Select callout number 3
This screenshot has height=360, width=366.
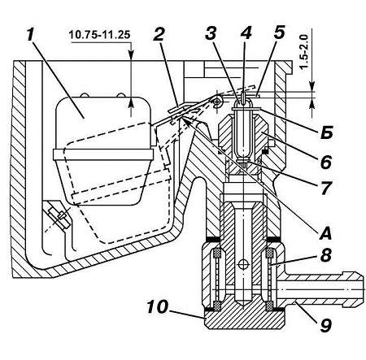pos(211,33)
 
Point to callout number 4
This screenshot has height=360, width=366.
pos(246,33)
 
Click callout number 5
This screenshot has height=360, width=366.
pos(279,32)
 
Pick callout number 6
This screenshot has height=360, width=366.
pos(325,161)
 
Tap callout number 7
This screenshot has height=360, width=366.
pos(325,188)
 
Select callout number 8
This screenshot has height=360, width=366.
pos(325,255)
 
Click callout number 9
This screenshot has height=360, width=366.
pos(325,324)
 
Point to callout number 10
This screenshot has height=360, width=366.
pos(158,307)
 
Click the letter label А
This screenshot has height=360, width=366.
pos(325,232)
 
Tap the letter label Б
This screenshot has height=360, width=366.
pos(326,132)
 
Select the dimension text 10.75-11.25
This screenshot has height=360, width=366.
pos(99,35)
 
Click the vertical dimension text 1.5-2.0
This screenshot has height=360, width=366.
pos(305,52)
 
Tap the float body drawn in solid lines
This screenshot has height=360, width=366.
pos(103,150)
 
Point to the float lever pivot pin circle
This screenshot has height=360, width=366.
pos(217,102)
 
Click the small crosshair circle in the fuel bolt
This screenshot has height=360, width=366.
pos(242,264)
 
